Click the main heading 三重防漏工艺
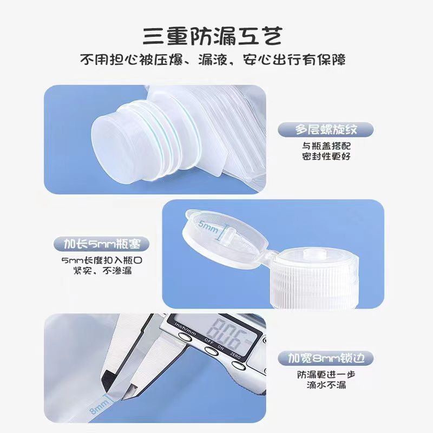(x=213, y=36)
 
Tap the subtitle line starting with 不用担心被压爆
(x=213, y=60)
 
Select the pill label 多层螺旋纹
(x=326, y=129)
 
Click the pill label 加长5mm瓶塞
(x=102, y=244)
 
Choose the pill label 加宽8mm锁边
(x=326, y=358)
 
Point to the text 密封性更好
(x=326, y=156)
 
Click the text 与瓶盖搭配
(x=326, y=146)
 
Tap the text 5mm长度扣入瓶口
(x=102, y=260)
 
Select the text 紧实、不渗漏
(x=102, y=271)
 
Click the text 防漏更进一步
(x=326, y=375)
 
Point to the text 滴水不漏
(x=326, y=385)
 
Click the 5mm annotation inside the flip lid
(x=208, y=227)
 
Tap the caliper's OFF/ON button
(x=212, y=351)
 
